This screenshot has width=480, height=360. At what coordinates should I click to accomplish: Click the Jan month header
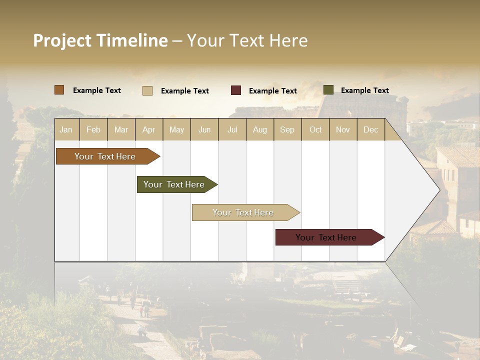(66, 129)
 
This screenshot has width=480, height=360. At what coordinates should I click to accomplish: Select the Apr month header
(148, 129)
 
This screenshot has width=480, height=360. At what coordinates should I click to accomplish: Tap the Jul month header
(232, 129)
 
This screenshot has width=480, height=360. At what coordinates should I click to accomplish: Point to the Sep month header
(287, 129)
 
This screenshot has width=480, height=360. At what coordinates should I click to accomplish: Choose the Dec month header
(370, 129)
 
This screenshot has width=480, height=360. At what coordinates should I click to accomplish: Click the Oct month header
(315, 129)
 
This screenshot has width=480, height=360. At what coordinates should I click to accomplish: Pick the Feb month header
(93, 129)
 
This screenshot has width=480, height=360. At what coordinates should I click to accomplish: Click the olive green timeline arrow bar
(175, 184)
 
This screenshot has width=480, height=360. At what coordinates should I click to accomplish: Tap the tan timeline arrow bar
(243, 212)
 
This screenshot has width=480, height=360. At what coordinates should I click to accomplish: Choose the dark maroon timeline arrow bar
(327, 237)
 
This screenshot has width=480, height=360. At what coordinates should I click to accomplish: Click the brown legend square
(59, 90)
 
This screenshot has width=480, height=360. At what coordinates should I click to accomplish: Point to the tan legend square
(147, 90)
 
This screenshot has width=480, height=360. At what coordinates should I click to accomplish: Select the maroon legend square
(236, 90)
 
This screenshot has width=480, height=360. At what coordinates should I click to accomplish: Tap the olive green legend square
(328, 90)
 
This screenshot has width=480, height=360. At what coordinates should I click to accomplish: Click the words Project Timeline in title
(100, 40)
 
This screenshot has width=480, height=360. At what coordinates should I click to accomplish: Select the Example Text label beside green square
(364, 90)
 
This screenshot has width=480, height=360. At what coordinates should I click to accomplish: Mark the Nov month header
(343, 129)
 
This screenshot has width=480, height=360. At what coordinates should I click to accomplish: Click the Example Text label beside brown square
(96, 90)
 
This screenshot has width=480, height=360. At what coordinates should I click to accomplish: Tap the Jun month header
(204, 129)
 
